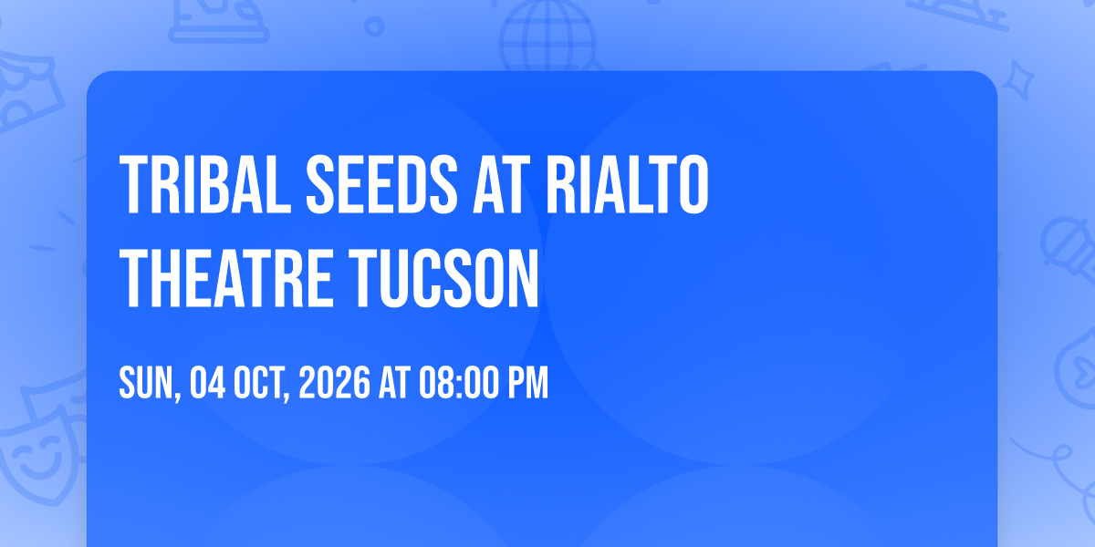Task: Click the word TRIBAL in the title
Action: coord(205,184)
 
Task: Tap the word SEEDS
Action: coord(381,184)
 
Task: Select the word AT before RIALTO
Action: coord(501,184)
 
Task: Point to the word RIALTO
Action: coord(627,184)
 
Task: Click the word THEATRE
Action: coord(226,278)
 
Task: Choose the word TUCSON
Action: coord(443,278)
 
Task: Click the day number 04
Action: coord(207,382)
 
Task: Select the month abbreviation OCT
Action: coord(258,382)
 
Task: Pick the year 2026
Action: coord(334,382)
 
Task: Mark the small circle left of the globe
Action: coord(374,26)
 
